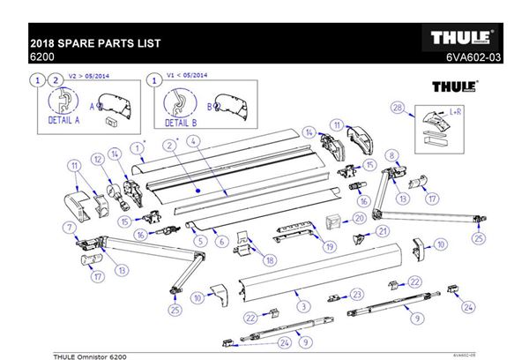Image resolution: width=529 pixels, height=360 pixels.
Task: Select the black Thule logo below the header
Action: pos(455,87)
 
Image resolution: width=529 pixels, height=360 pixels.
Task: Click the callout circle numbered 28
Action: pos(399,108)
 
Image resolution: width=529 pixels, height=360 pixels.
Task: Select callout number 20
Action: pos(359,217)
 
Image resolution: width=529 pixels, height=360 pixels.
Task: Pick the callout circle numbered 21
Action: pos(382,231)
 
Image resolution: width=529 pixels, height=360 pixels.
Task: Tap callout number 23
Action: pos(356,293)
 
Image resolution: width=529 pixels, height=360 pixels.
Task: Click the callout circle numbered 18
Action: pos(270,260)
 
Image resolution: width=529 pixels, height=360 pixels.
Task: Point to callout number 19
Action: pos(329,247)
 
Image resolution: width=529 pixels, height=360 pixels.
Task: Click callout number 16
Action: pos(139,235)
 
